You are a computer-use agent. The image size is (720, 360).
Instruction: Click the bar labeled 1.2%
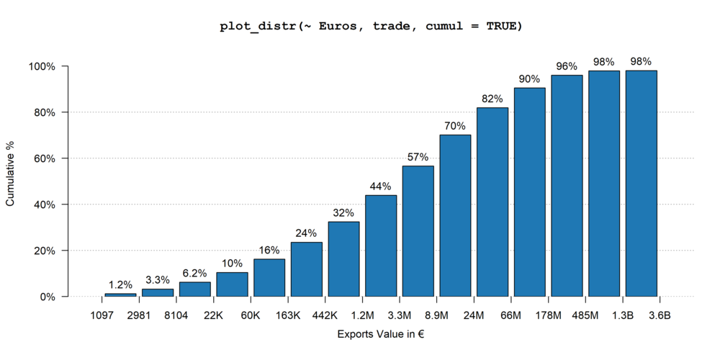(x=120, y=294)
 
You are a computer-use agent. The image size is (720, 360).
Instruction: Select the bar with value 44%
(x=381, y=246)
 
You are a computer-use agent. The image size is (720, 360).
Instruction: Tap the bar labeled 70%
(x=455, y=215)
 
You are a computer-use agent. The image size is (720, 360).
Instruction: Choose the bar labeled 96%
(x=567, y=186)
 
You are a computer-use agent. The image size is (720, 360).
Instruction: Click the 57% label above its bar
(x=418, y=157)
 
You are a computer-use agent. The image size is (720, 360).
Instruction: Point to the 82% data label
(x=492, y=99)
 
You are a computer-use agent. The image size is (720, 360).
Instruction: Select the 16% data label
(x=269, y=250)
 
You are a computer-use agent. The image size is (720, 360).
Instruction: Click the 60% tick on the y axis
(x=42, y=158)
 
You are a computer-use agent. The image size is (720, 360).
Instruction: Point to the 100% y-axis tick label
(x=40, y=66)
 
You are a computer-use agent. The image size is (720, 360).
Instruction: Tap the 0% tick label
(x=48, y=297)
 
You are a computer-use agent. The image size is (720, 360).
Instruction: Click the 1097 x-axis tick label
(x=102, y=315)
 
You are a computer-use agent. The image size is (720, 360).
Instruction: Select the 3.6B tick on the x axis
(x=660, y=315)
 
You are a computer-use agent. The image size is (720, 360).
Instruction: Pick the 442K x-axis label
(x=325, y=315)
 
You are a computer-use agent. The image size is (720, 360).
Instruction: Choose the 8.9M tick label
(x=437, y=315)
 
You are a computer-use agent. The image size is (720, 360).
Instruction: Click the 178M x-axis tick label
(x=548, y=315)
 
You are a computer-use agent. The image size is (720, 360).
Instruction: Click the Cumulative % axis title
(x=10, y=181)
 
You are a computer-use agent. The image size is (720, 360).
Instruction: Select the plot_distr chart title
(x=370, y=27)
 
